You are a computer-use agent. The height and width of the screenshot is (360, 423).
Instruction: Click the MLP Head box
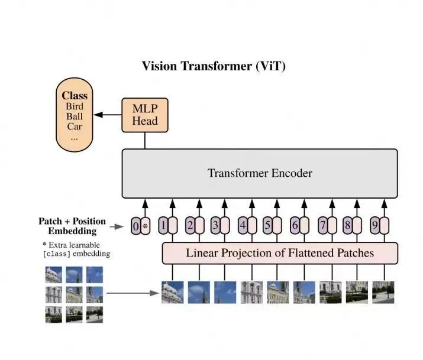(x=145, y=115)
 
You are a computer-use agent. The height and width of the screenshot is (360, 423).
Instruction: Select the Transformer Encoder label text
(x=260, y=173)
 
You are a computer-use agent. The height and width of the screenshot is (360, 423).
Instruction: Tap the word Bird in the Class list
(x=75, y=106)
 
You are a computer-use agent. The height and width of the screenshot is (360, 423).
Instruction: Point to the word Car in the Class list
(x=74, y=126)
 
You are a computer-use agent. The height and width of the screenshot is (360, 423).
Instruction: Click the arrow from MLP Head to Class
(x=108, y=115)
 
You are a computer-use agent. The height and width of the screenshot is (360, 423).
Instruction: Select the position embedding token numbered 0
(x=135, y=226)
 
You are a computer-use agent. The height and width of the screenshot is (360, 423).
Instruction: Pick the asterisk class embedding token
(x=146, y=226)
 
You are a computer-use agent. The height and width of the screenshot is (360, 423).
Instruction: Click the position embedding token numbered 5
(x=267, y=225)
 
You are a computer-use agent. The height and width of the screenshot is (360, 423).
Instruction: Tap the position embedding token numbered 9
(x=375, y=225)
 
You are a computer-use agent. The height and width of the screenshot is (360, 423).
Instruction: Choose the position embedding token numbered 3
(x=215, y=225)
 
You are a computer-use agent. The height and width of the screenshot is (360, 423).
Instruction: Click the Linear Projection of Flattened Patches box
(x=280, y=253)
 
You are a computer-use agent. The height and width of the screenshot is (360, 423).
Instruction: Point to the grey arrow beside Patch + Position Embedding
(x=117, y=226)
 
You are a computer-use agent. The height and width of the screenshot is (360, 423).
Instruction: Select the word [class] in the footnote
(x=57, y=254)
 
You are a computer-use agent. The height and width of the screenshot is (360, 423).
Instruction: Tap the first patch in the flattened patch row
(x=173, y=293)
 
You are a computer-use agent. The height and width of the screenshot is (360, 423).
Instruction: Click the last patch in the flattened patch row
(x=383, y=293)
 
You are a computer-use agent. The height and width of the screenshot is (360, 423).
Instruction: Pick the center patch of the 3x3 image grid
(x=74, y=295)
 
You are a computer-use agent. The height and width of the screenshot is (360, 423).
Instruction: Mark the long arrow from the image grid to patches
(x=133, y=293)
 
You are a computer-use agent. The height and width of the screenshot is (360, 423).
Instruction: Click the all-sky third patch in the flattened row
(x=225, y=293)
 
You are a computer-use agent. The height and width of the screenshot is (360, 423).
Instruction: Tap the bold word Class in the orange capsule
(x=75, y=96)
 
